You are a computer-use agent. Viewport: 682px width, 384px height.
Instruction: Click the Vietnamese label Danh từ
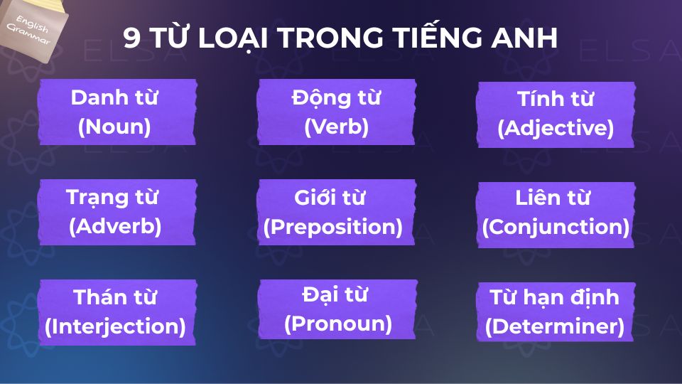[114, 97]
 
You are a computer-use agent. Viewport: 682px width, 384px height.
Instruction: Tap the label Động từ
[336, 97]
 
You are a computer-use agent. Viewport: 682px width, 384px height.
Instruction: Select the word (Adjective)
[556, 129]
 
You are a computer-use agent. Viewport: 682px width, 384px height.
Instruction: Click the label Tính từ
[556, 100]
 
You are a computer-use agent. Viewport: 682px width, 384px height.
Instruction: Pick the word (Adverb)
[115, 227]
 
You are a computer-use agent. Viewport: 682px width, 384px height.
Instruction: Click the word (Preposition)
[333, 227]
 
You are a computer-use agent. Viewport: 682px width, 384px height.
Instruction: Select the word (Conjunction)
[556, 227]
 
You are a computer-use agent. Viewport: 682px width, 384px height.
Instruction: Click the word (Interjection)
[115, 326]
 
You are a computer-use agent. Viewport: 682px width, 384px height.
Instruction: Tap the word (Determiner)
[554, 326]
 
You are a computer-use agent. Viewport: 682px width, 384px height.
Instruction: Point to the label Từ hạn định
[554, 297]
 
